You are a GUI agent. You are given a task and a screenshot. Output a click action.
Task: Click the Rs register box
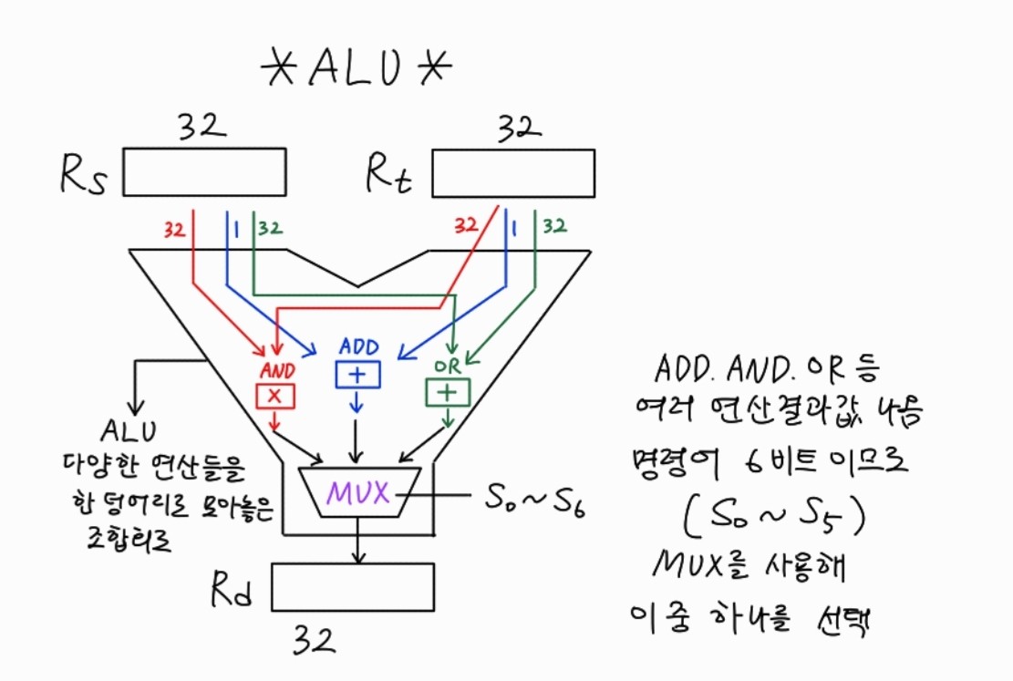point(204,172)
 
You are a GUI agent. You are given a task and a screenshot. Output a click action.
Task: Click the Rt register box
point(512,173)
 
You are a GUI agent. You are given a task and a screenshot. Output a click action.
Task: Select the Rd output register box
point(352,586)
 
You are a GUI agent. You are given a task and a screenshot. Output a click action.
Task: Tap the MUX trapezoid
point(359,492)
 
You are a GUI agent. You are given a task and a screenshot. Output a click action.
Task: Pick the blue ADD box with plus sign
point(357,375)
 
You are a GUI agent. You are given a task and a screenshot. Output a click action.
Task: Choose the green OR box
point(447,392)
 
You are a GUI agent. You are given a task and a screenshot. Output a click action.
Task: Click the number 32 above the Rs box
point(202,128)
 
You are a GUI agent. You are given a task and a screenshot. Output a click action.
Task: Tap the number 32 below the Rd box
point(315,640)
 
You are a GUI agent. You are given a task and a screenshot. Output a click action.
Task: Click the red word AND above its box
point(277,371)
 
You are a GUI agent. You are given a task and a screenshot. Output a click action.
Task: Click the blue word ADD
point(358,347)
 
